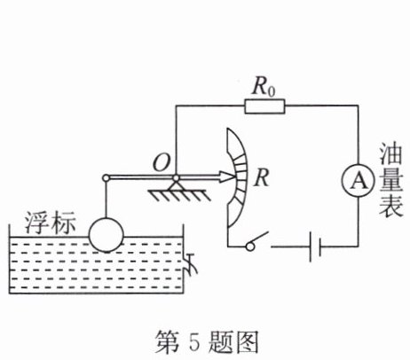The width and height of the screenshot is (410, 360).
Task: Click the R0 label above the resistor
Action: pyautogui.click(x=264, y=87)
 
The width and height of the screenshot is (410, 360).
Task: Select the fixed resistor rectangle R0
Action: pyautogui.click(x=264, y=106)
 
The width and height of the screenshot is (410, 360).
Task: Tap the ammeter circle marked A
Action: pyautogui.click(x=359, y=181)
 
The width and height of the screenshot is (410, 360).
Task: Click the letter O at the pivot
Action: pyautogui.click(x=162, y=163)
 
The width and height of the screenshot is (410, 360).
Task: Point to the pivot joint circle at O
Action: pyautogui.click(x=176, y=178)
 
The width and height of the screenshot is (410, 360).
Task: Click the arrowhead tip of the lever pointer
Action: pyautogui.click(x=236, y=177)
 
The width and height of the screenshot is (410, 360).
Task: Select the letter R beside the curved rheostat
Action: pyautogui.click(x=262, y=178)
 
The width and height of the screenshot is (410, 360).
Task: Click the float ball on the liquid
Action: pyautogui.click(x=106, y=235)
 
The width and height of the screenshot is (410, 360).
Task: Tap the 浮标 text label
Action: pyautogui.click(x=50, y=223)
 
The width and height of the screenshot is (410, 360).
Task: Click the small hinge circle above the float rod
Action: pyautogui.click(x=106, y=178)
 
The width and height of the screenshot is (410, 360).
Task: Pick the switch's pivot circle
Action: pyautogui.click(x=250, y=247)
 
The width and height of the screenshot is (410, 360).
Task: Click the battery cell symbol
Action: pyautogui.click(x=315, y=247)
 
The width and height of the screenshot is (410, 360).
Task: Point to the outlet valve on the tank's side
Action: pyautogui.click(x=191, y=263)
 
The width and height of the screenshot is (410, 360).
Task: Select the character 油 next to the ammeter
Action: pyautogui.click(x=390, y=154)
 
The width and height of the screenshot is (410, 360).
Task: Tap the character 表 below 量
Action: pyautogui.click(x=391, y=206)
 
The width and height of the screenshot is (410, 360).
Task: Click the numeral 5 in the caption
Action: pyautogui.click(x=193, y=341)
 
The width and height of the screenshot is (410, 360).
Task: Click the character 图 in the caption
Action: pyautogui.click(x=247, y=342)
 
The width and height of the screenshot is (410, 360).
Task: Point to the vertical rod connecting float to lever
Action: pyautogui.click(x=106, y=200)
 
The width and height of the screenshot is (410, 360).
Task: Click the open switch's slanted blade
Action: pyautogui.click(x=259, y=238)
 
